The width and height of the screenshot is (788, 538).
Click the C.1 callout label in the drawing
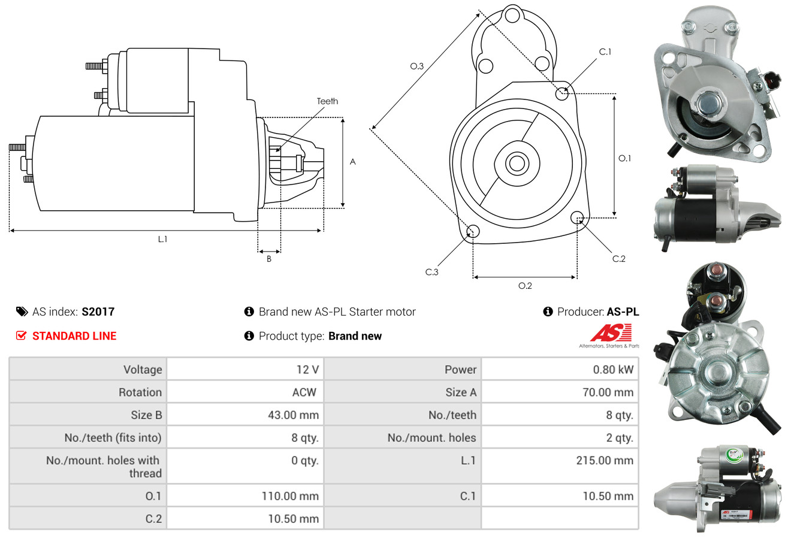(x=605, y=52)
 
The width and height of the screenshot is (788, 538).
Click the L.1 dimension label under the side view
(x=162, y=239)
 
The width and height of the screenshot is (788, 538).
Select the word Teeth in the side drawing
(x=327, y=101)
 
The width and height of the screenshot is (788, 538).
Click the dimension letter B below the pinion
(x=269, y=259)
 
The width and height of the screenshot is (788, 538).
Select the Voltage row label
(x=143, y=370)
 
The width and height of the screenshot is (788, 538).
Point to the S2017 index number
(x=98, y=312)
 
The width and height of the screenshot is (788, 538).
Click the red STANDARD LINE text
(x=74, y=336)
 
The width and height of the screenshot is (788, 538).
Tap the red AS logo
(x=611, y=333)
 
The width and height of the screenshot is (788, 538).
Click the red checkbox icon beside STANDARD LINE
(x=21, y=336)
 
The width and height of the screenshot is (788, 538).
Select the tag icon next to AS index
(x=22, y=312)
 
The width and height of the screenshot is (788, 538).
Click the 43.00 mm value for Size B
(x=293, y=415)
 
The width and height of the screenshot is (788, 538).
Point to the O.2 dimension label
(x=525, y=286)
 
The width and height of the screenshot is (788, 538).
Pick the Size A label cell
(x=461, y=392)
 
